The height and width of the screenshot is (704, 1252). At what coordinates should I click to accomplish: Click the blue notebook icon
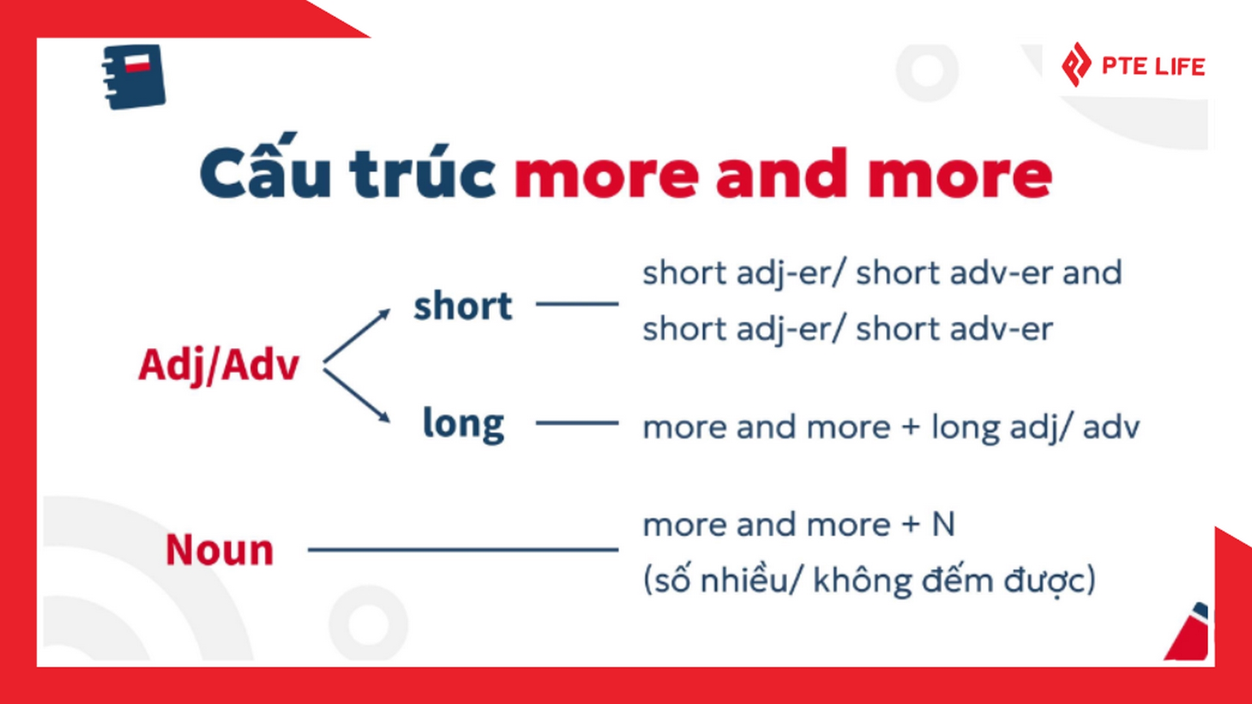134,76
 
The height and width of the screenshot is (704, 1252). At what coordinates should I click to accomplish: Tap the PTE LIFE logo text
1153,66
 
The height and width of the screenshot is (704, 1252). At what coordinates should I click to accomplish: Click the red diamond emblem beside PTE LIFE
1076,65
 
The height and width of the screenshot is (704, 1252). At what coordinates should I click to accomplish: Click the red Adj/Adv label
219,365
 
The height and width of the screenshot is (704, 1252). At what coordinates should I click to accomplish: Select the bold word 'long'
464,424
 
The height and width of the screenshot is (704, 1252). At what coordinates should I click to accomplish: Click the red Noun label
220,550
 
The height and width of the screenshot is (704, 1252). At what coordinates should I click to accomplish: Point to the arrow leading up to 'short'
357,335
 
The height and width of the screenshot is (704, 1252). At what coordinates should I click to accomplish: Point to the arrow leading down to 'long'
357,396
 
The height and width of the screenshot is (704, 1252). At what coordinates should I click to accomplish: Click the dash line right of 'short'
577,304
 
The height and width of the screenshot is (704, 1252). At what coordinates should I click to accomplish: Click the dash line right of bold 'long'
577,423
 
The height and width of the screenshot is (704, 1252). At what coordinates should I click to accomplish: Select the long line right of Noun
463,550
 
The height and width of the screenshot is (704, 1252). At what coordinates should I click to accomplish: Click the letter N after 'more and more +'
944,524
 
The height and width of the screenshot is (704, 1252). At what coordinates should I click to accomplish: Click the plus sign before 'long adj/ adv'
911,428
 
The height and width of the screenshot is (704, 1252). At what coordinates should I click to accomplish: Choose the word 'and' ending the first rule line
1092,272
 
